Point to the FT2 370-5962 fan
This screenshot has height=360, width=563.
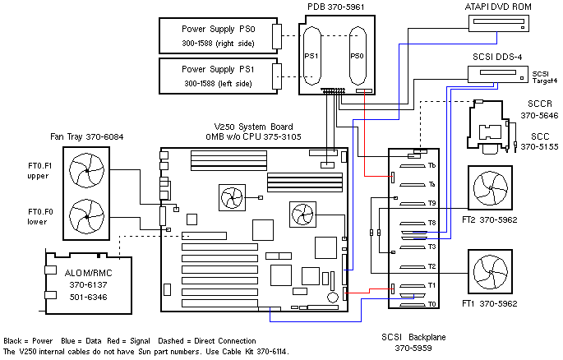click(x=491, y=189)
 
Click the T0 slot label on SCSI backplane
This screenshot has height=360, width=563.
click(x=431, y=304)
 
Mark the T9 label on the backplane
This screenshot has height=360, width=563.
click(x=431, y=203)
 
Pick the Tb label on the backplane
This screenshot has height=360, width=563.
click(x=431, y=165)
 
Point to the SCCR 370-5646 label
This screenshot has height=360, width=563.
click(x=538, y=111)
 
